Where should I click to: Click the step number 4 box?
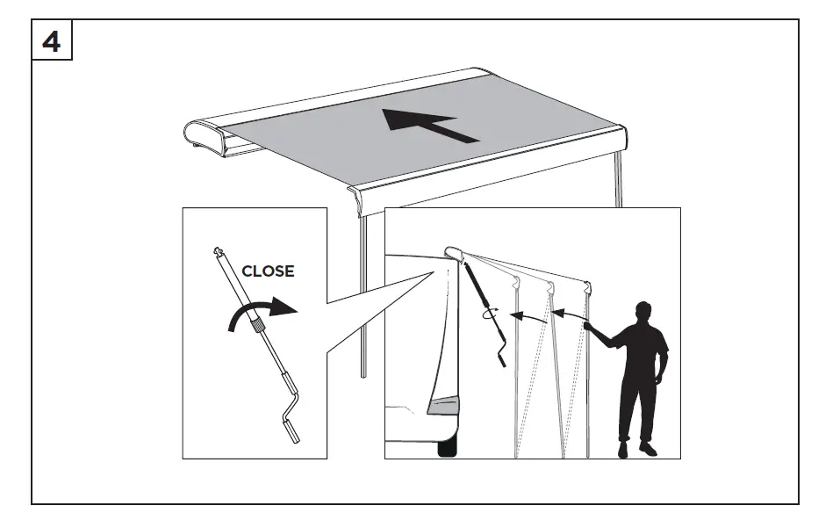click(x=52, y=41)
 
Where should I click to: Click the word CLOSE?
click(x=268, y=271)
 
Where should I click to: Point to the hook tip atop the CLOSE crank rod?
click(x=217, y=252)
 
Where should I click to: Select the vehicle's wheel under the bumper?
click(x=447, y=447)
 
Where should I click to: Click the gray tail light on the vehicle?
click(x=445, y=405)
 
